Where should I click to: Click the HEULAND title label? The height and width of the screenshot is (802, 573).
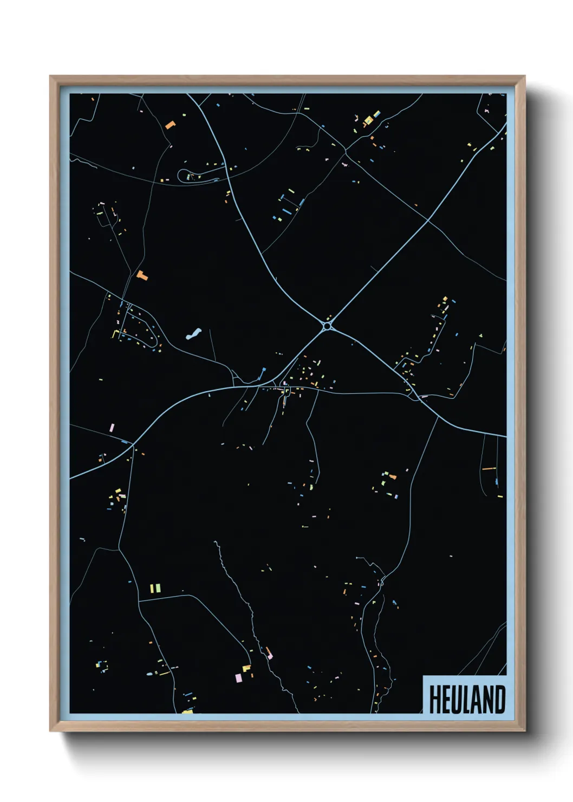click(x=467, y=699)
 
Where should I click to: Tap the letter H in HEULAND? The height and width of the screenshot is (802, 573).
click(x=434, y=700)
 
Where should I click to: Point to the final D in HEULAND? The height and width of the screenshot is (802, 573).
click(x=500, y=700)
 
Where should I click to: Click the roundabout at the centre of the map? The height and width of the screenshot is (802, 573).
click(x=328, y=326)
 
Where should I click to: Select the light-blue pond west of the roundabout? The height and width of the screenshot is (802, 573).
click(x=193, y=333)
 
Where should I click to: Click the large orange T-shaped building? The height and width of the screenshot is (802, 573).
click(x=142, y=275)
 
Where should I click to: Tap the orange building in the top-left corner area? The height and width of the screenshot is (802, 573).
click(x=170, y=125)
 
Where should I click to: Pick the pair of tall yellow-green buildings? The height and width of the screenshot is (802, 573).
click(x=155, y=587)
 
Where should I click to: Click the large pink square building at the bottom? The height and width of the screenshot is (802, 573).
click(x=238, y=677)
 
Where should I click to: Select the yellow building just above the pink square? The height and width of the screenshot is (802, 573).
click(x=246, y=668)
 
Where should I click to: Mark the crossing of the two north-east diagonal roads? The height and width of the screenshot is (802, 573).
click(x=428, y=220)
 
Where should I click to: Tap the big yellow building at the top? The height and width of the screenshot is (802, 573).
click(x=369, y=120)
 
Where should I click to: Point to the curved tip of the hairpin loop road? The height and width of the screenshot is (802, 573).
click(x=180, y=176)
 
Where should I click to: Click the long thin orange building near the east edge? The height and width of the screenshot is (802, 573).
click(x=489, y=468)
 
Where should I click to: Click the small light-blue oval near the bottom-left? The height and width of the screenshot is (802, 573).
click(x=149, y=675)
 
